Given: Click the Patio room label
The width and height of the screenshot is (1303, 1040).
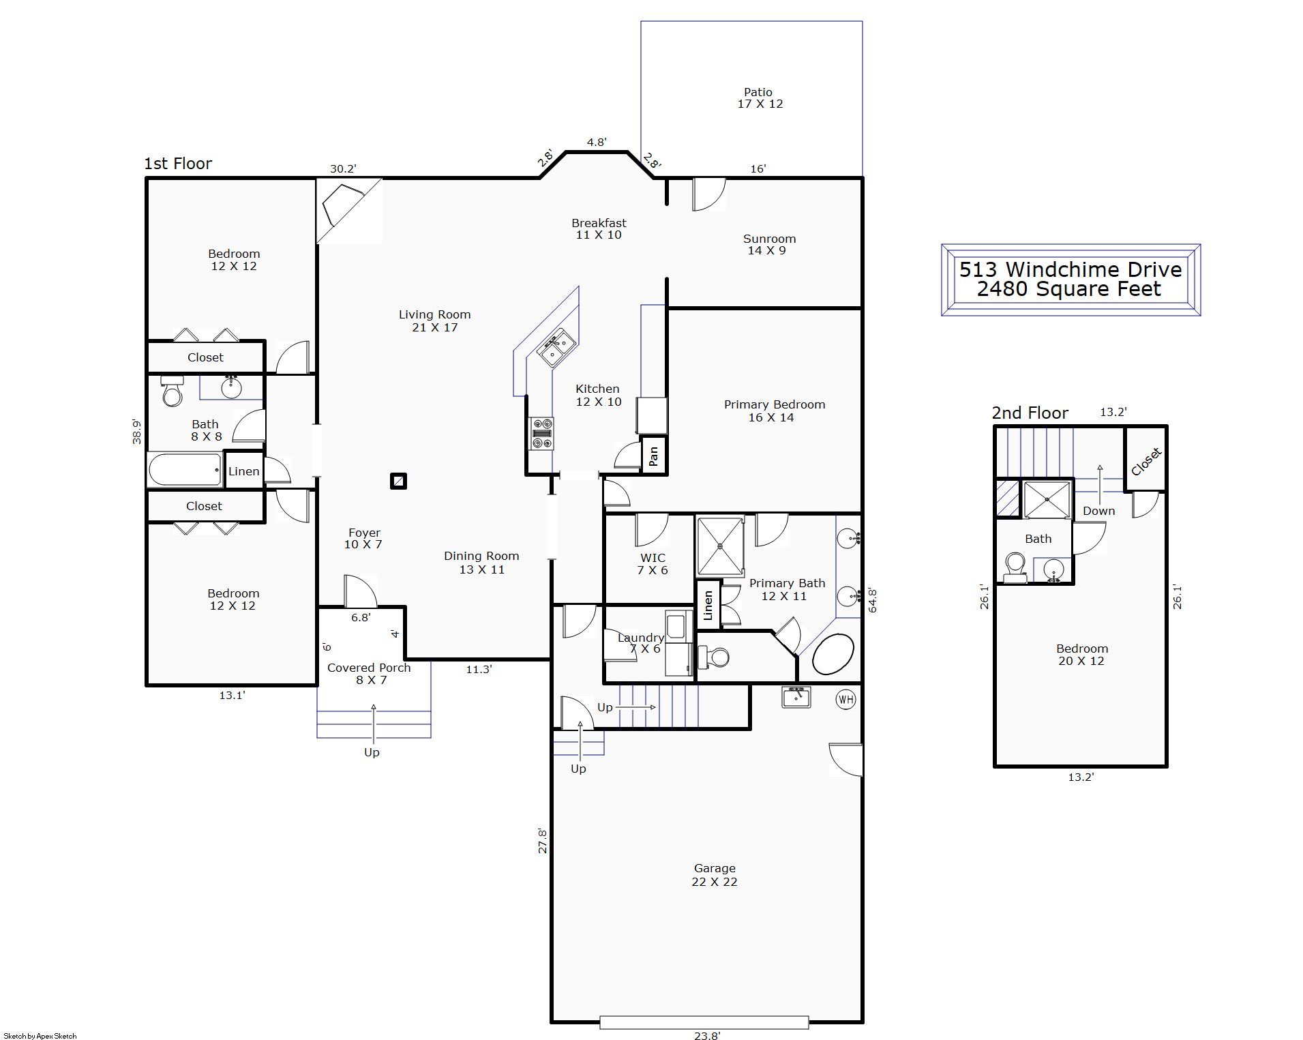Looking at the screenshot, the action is tap(760, 98).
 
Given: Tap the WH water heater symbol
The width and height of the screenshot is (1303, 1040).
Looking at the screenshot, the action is tap(845, 699).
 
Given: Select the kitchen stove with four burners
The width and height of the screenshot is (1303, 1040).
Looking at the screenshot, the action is tap(542, 434).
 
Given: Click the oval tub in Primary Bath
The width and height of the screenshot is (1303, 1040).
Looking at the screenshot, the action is tap(833, 654).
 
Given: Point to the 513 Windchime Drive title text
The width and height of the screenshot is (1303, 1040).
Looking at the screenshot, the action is tap(1070, 269).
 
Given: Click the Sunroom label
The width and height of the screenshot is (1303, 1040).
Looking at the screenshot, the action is tap(769, 244).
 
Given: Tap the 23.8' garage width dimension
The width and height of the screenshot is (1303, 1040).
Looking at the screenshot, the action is tap(707, 1035).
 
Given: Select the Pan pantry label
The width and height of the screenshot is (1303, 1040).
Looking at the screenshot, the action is tap(653, 456).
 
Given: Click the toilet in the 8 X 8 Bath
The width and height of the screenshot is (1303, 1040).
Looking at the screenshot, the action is tap(172, 391).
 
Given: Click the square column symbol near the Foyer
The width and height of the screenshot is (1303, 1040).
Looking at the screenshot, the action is tap(398, 481).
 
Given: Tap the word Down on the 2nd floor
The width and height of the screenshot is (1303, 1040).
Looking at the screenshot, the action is tap(1098, 511).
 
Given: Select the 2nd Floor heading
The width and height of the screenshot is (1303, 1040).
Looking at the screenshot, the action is tap(1030, 413).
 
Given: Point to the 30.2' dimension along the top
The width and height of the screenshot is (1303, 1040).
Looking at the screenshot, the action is tap(343, 168).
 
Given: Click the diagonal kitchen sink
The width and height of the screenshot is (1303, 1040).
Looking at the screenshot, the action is tap(556, 348).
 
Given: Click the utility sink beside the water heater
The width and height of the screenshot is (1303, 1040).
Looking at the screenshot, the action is tap(796, 697).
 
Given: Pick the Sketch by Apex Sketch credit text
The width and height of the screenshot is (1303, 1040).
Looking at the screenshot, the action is tap(40, 1036).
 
